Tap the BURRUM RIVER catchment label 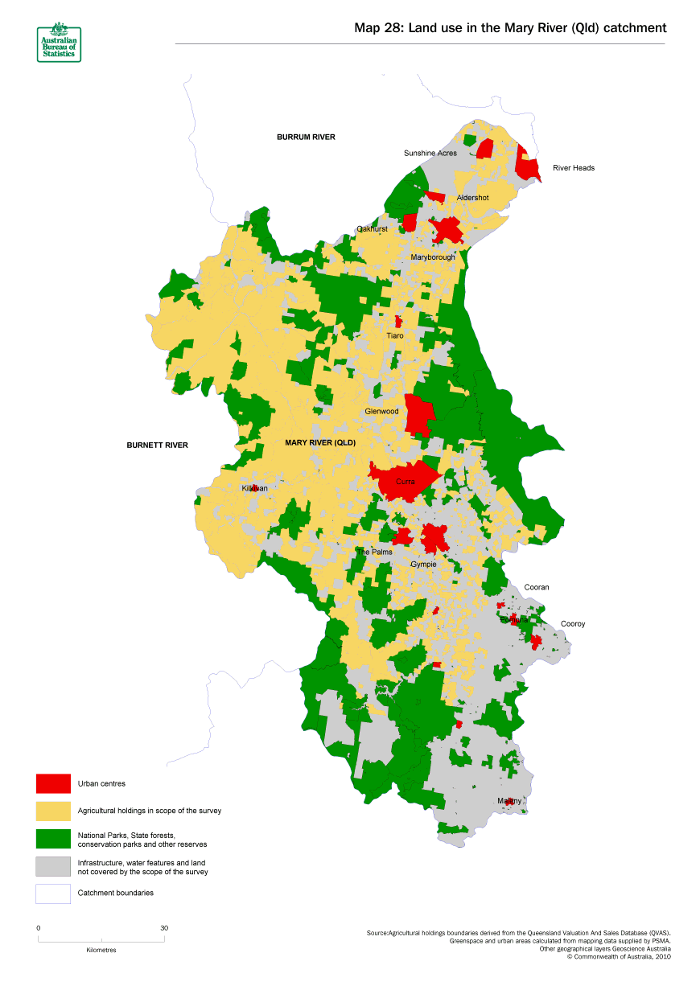coord(306,137)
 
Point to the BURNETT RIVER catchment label coord(157,445)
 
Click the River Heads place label coord(574,168)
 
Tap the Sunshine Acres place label coord(430,153)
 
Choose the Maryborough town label coord(433,257)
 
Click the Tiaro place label coord(395,335)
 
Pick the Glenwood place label coord(381,411)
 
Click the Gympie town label coord(423,564)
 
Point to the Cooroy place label coord(573,623)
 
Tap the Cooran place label coord(537,587)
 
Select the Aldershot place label coord(472,198)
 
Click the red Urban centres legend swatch coord(53,783)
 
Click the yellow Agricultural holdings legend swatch coord(53,811)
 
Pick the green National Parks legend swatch coord(53,839)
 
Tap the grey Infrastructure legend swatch coord(53,866)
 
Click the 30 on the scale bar coord(164,928)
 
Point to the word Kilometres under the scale coord(101,950)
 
